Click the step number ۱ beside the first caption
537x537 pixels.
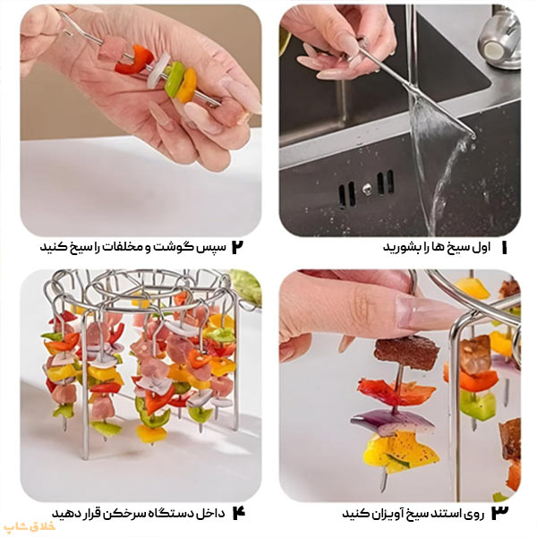[504, 247]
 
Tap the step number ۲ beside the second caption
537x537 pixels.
[237, 247]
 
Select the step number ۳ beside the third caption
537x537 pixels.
[499, 513]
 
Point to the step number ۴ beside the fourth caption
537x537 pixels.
[239, 513]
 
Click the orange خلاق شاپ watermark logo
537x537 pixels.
[30, 526]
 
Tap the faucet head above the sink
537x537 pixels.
[500, 39]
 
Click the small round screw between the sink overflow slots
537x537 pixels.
[366, 188]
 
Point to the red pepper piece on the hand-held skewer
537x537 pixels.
[134, 60]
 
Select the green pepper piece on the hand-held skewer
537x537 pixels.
[174, 79]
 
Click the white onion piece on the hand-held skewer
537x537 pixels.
[158, 70]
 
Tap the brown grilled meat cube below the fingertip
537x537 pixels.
[406, 353]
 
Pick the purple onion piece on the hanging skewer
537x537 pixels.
[392, 422]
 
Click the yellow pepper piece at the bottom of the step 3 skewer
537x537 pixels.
[400, 452]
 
